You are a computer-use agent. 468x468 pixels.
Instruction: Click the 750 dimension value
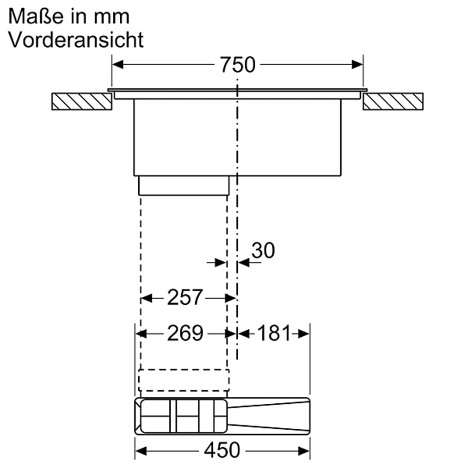(x=238, y=65)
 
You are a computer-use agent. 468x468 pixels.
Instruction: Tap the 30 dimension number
(x=263, y=250)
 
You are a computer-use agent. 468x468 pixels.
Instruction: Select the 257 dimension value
(x=185, y=297)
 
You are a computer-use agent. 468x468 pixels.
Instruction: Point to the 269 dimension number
(x=185, y=333)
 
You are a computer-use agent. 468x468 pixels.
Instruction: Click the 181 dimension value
(x=274, y=333)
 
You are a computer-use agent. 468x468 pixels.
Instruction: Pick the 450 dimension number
(x=222, y=450)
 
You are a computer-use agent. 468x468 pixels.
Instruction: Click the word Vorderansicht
(x=76, y=39)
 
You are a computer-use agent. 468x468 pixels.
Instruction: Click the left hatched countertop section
(x=82, y=101)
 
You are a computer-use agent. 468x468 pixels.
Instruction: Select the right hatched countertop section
(x=393, y=101)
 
